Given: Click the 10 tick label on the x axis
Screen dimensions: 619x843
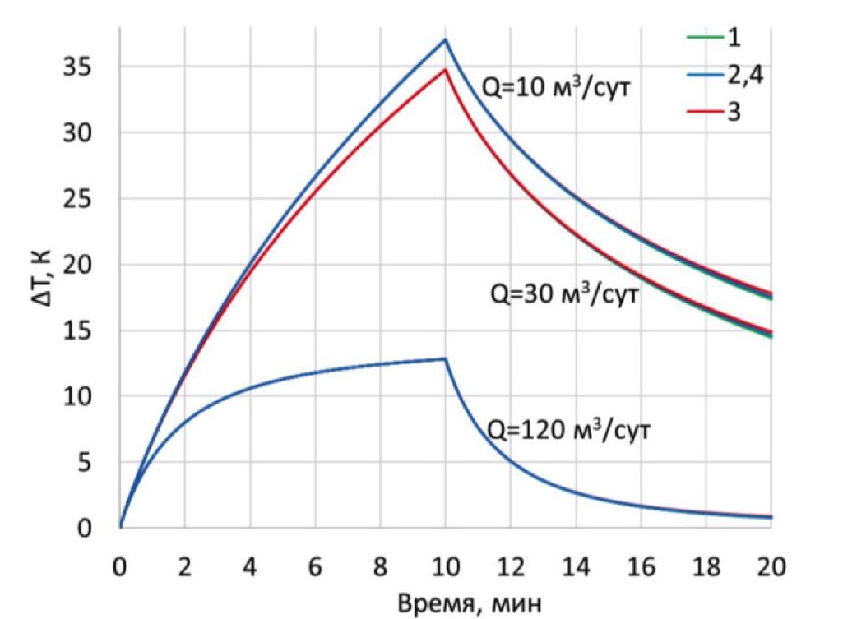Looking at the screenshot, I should [x=445, y=567].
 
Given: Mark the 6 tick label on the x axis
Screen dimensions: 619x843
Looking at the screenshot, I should [x=315, y=567].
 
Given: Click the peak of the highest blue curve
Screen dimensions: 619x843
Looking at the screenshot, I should [x=445, y=39].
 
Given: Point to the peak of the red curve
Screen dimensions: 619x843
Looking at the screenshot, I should [x=445, y=69].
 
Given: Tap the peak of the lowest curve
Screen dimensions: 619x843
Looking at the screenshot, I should [x=445, y=358].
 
